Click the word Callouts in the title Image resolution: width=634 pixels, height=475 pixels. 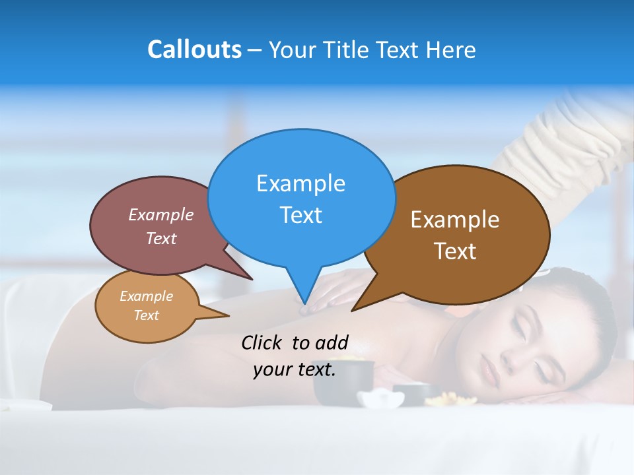[x=194, y=49]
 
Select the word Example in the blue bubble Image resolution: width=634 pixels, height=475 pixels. [x=300, y=183]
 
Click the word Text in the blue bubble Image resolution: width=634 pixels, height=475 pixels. [x=300, y=215]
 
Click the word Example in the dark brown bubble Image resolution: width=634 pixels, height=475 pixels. [x=455, y=220]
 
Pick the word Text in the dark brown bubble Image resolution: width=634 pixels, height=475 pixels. [x=455, y=251]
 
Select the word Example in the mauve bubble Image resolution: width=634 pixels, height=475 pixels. [x=160, y=215]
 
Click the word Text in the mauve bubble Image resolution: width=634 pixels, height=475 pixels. [x=160, y=238]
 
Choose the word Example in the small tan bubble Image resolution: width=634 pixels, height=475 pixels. [x=146, y=296]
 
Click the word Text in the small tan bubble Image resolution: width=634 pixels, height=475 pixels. [x=146, y=315]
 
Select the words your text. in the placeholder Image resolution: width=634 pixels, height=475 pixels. [x=295, y=369]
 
